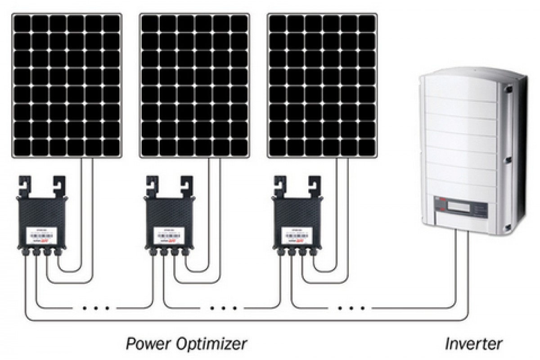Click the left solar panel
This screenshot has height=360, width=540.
click(x=67, y=85)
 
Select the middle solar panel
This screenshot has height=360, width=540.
click(x=195, y=85)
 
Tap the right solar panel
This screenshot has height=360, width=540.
click(x=322, y=85)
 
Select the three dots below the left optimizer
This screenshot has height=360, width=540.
click(x=96, y=309)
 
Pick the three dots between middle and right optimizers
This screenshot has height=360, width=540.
click(x=224, y=309)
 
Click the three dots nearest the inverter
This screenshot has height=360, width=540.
click(x=351, y=309)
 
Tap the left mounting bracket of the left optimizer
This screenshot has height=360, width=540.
click(x=23, y=185)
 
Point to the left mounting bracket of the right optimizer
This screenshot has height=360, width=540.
click(x=279, y=185)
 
